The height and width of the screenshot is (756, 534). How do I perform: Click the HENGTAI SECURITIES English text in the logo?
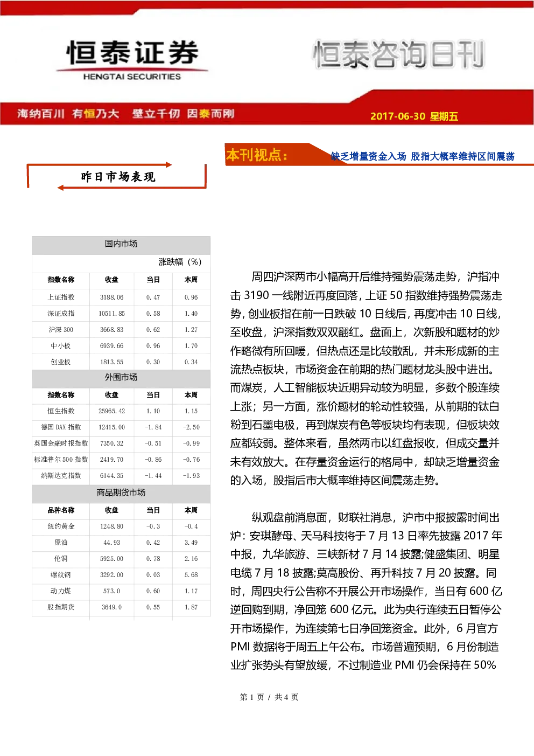(132, 77)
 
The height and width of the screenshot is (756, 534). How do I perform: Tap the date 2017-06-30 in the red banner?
(398, 116)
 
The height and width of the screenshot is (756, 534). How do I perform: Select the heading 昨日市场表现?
(118, 177)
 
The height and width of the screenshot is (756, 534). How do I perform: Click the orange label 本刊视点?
(257, 155)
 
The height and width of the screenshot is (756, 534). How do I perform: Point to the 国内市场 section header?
(121, 244)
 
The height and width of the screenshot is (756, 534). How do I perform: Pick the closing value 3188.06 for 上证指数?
(111, 297)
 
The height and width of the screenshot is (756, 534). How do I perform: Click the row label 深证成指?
(61, 314)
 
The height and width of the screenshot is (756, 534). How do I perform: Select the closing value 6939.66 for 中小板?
(111, 346)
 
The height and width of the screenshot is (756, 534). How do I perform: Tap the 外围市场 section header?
(121, 377)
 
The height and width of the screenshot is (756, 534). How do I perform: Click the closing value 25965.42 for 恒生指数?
(111, 411)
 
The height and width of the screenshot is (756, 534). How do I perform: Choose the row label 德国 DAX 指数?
(61, 427)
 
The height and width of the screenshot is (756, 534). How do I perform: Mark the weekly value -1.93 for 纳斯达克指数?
(191, 476)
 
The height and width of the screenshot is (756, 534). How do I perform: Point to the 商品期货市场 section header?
(121, 493)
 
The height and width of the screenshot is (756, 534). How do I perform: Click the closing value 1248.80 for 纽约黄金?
(111, 526)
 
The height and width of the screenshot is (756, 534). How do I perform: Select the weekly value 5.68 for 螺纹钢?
(191, 575)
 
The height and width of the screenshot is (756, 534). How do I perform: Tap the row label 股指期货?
(61, 607)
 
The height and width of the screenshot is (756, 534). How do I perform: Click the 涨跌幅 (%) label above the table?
(180, 262)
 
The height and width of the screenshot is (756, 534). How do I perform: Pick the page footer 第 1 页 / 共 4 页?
(269, 697)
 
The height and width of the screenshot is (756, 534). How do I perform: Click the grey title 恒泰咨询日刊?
(398, 54)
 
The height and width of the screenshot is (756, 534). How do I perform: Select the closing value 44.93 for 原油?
(111, 543)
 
